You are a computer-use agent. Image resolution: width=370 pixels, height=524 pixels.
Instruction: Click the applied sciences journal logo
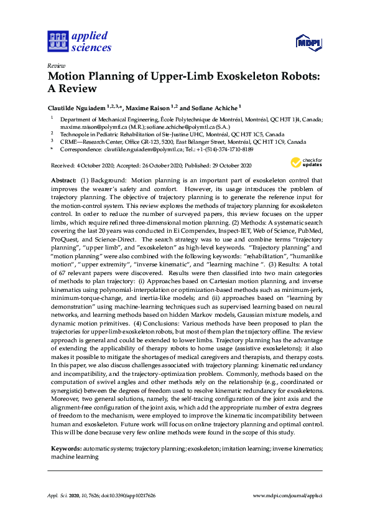click(x=79, y=41)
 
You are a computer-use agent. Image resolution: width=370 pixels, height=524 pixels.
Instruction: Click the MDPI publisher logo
click(x=308, y=42)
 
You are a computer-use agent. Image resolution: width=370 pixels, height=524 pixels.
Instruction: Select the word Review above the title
click(x=56, y=65)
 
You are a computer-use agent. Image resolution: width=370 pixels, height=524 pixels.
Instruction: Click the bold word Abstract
click(x=65, y=180)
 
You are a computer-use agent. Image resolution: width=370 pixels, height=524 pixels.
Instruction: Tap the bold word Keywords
click(x=65, y=449)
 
